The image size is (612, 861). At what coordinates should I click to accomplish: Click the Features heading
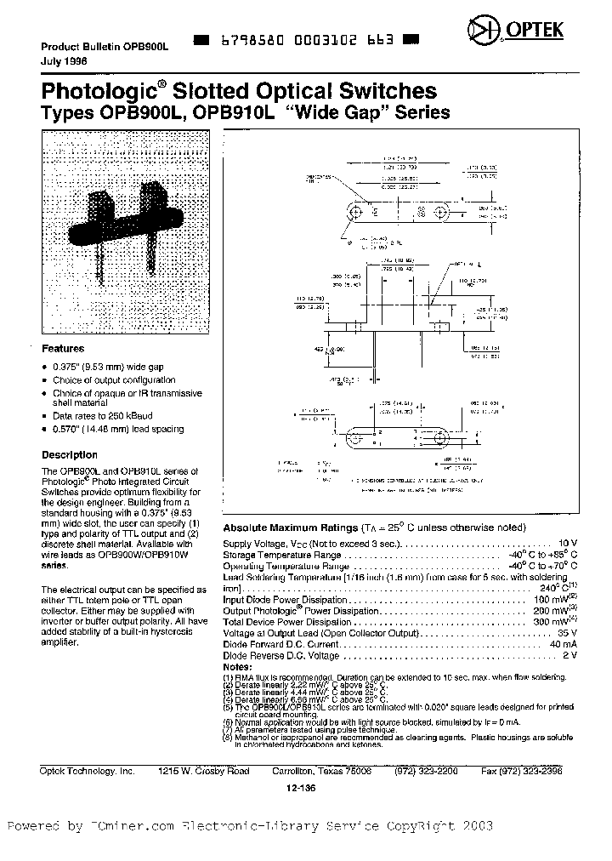(x=63, y=349)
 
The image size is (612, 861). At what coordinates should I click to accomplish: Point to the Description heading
(x=70, y=455)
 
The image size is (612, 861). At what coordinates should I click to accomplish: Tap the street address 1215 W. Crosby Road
(x=204, y=771)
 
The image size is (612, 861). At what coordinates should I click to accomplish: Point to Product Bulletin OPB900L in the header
(x=105, y=48)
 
